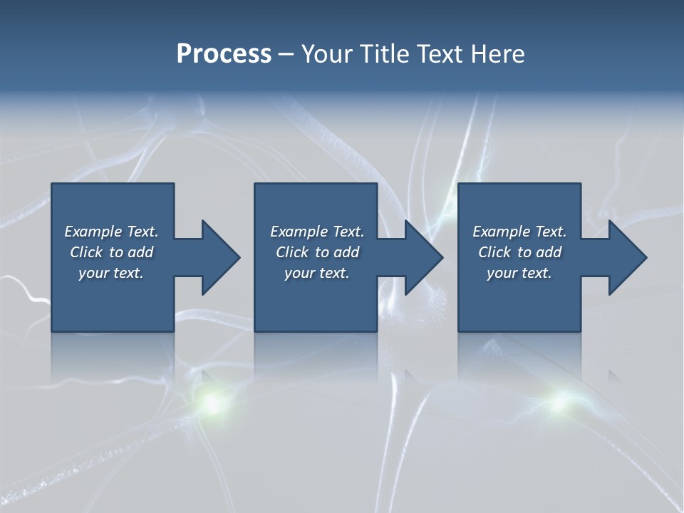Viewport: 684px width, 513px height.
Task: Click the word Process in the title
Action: (224, 54)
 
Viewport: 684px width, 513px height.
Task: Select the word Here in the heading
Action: (496, 54)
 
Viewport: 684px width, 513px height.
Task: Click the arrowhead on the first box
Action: (218, 257)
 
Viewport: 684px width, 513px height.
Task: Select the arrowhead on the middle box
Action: (421, 257)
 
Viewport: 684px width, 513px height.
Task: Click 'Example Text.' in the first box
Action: (111, 232)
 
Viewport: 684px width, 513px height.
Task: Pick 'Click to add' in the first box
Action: (111, 252)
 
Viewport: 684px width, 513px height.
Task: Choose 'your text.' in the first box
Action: (111, 273)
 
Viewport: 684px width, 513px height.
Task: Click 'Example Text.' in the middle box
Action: (317, 232)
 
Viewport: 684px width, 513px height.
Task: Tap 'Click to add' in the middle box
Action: (317, 252)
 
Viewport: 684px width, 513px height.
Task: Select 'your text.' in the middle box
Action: (317, 273)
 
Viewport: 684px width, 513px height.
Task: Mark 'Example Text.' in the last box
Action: (519, 232)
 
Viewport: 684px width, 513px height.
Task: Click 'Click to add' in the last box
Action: (519, 252)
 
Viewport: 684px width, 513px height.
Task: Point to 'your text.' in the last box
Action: (519, 273)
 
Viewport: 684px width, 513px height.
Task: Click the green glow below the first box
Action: (211, 403)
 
